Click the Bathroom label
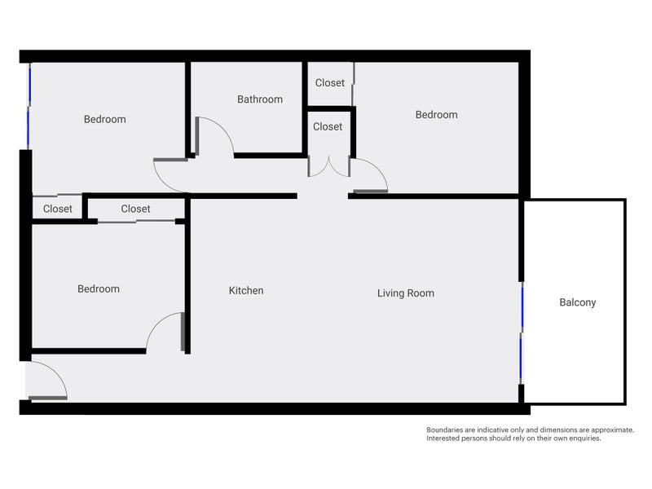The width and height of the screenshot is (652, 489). pos(260,99)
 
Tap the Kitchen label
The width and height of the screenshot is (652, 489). pos(246,291)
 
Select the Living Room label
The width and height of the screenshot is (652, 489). pos(406,293)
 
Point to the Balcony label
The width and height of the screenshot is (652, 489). pos(578,302)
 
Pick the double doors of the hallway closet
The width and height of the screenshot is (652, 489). pos(329,167)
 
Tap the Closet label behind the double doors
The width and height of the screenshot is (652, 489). pos(328,126)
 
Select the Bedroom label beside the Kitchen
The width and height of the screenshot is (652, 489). pos(99,289)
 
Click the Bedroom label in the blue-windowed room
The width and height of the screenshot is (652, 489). pos(105,119)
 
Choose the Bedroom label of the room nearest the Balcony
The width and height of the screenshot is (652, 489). pos(437,115)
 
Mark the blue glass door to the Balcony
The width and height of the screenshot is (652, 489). pos(522,333)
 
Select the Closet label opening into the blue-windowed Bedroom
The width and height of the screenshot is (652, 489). pos(58,209)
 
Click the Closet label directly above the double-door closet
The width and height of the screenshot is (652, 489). pos(330,83)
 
